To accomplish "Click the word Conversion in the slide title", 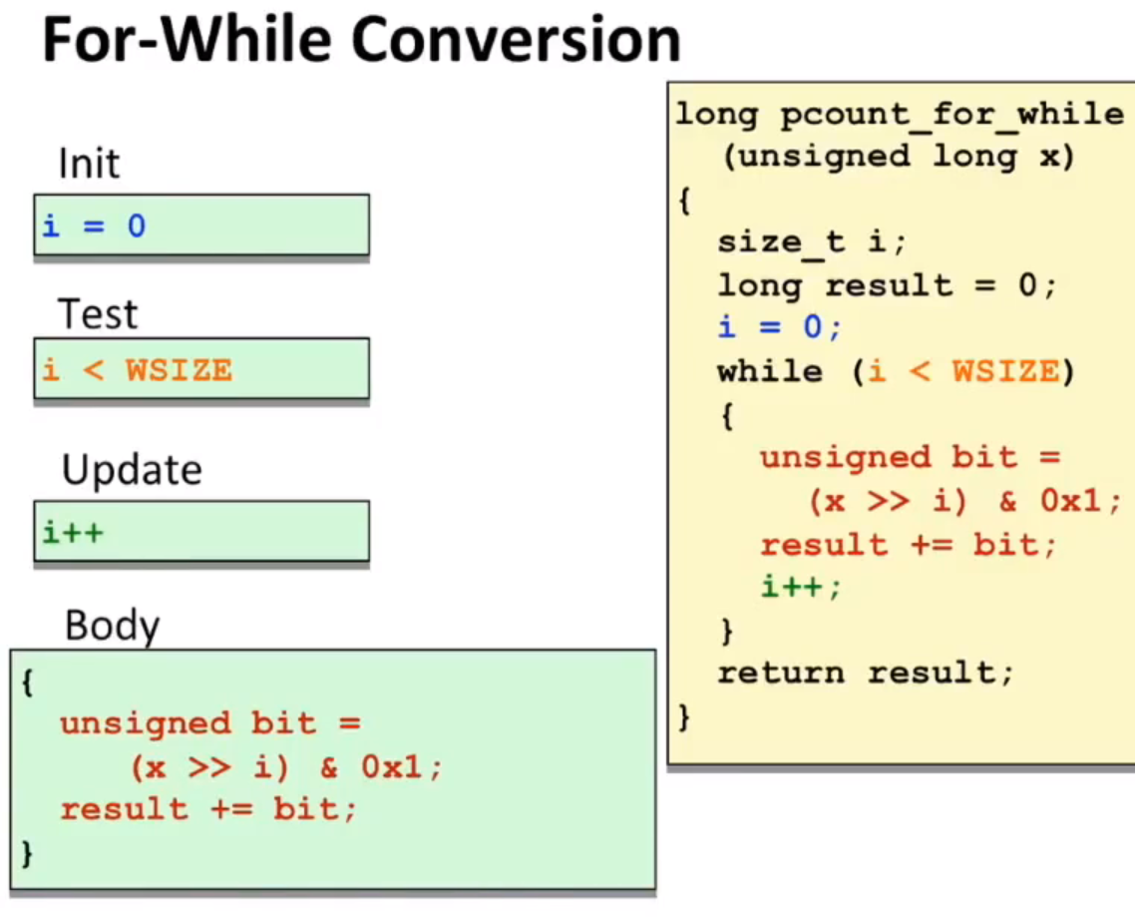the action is point(516,40).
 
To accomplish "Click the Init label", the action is point(89,164).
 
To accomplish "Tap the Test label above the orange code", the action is point(98,314).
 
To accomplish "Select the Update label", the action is point(132,470).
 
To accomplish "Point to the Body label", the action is point(112,625).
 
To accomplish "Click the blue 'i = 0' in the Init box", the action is point(94,226).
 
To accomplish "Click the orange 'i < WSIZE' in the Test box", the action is point(138,370).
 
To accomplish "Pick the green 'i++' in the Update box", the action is point(73,533).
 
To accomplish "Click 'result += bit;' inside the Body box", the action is point(208,809).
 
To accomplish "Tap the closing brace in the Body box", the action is point(28,853).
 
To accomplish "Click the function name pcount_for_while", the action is point(951,115).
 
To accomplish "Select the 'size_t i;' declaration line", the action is point(812,241).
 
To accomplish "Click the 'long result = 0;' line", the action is point(887,284).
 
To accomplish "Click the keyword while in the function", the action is point(770,371).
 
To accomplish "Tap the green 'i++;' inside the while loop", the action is point(801,586).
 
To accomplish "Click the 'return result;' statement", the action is point(865,673).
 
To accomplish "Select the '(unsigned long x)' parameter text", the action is point(899,157).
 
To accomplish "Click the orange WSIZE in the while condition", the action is point(1005,371).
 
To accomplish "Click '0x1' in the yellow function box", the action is point(1070,501).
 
